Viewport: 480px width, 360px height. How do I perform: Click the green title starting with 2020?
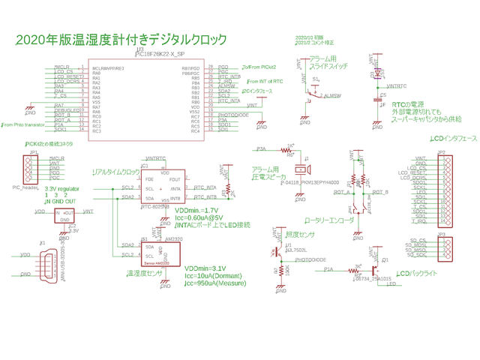tap(121, 39)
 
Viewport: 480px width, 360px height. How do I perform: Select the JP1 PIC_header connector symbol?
tap(34, 169)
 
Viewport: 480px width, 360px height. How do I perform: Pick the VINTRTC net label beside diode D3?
tap(394, 85)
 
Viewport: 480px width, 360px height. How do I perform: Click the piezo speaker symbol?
tap(307, 166)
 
